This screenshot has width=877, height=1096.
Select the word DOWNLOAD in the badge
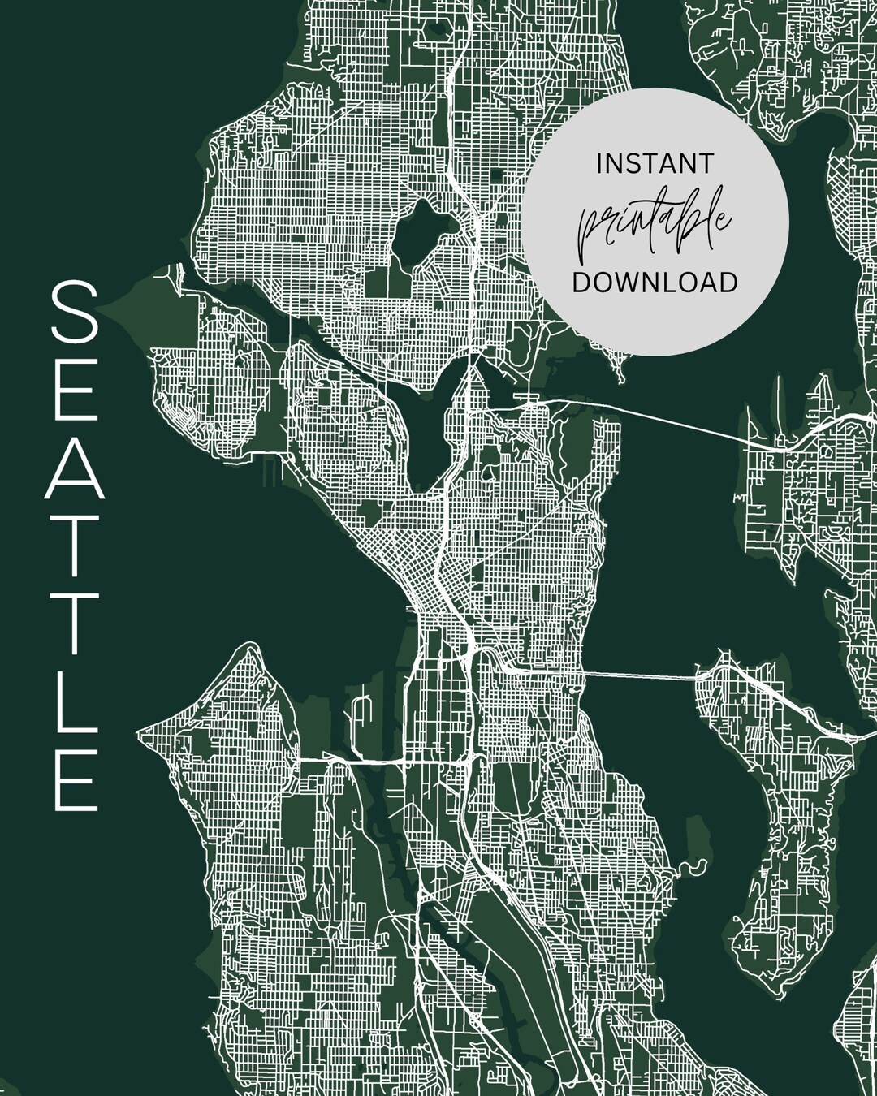click(x=655, y=282)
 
